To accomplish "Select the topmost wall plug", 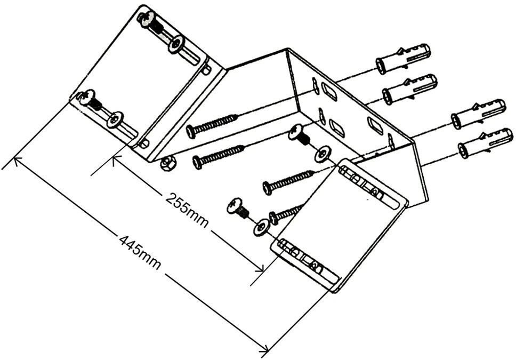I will point(403,58).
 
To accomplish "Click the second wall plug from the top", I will point(409,88).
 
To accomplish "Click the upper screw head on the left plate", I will point(144,19).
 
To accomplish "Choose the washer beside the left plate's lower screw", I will point(115,119).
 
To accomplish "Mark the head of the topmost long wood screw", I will point(191,129).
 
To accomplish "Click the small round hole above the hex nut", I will point(145,142).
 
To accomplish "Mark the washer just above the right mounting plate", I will point(321,155).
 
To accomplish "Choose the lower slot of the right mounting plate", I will point(307,259).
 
